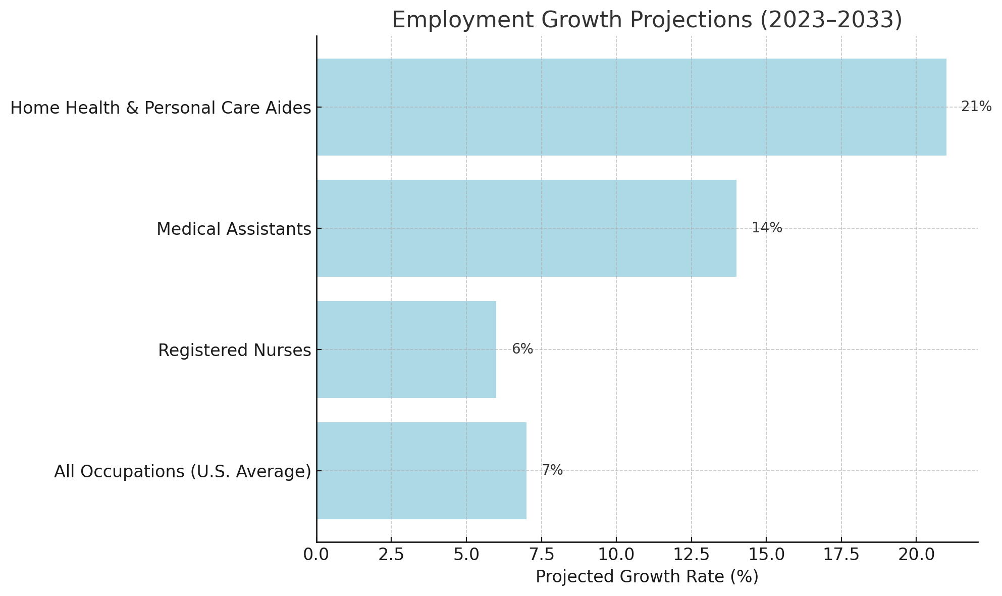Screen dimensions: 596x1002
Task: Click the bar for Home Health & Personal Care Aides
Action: pos(631,107)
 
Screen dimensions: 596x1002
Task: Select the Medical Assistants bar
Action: pos(526,228)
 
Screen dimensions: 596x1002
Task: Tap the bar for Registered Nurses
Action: pos(406,350)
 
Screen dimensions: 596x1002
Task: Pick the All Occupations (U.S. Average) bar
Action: pos(421,471)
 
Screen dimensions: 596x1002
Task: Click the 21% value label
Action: pos(976,107)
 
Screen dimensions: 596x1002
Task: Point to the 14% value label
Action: pos(767,228)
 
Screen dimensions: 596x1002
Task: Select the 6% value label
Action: pos(522,350)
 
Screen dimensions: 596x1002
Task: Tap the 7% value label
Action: pos(552,471)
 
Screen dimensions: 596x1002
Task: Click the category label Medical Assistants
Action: pos(234,229)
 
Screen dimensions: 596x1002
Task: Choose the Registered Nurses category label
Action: pos(234,351)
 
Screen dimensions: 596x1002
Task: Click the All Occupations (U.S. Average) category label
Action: pos(182,472)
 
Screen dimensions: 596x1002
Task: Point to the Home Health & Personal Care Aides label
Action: pos(161,108)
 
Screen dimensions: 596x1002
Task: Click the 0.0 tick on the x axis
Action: pos(317,555)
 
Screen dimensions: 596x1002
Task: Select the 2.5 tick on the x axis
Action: pos(391,555)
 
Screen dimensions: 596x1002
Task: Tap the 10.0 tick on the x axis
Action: pos(616,555)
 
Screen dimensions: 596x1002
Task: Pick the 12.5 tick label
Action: pos(691,555)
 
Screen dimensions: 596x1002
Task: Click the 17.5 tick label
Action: pos(841,555)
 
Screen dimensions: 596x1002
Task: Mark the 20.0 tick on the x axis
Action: pos(916,555)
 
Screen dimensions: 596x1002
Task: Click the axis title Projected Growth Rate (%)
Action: pos(647,577)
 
